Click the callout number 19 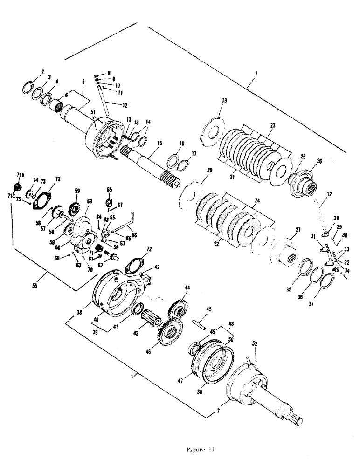224,100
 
